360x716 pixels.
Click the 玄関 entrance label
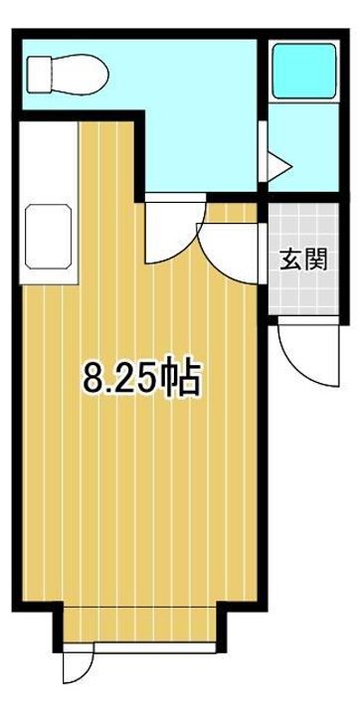click(303, 260)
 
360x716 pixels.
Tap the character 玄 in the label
click(290, 260)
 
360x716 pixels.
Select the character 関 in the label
click(316, 260)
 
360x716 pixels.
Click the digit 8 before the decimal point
click(91, 378)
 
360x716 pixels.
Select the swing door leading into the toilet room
click(174, 231)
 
